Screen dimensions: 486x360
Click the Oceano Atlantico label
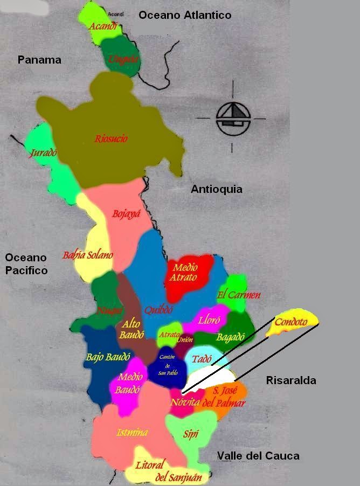[x=185, y=15]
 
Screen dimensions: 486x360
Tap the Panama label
[x=39, y=60]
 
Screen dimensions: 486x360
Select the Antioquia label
[x=217, y=189]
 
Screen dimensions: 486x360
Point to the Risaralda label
[x=291, y=380]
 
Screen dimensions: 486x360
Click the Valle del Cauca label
[x=258, y=456]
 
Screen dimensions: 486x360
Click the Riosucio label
[x=111, y=138]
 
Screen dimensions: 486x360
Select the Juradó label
[x=44, y=152]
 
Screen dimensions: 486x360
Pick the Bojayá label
[x=126, y=214]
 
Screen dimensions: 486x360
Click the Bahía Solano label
[x=88, y=255]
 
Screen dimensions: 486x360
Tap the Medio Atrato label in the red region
[x=184, y=272]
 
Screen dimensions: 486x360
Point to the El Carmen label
[x=239, y=295]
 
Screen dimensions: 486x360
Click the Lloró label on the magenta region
[x=210, y=320]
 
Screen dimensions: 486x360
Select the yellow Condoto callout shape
[x=292, y=322]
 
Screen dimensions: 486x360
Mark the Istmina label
[x=132, y=432]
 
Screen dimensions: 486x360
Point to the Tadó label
[x=202, y=358]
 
